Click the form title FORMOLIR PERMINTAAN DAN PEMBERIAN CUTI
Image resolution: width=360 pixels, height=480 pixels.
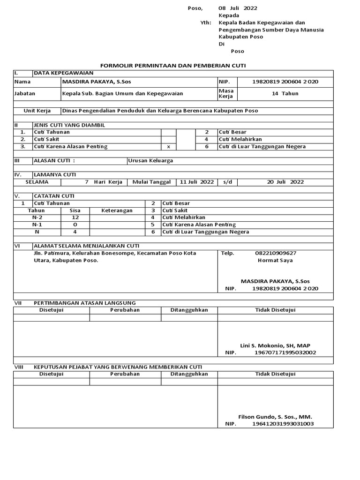173,65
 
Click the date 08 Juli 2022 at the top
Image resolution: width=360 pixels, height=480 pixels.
238,8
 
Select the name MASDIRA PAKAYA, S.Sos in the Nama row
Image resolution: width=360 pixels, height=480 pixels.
97,82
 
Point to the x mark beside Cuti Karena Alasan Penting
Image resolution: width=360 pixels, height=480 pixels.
168,147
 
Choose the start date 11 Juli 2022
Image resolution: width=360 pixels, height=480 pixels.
197,182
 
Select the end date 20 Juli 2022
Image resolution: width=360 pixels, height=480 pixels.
285,182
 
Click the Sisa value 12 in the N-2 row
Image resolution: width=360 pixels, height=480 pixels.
75,217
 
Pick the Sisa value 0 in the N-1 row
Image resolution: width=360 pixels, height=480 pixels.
75,225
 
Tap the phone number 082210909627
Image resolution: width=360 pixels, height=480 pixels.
276,253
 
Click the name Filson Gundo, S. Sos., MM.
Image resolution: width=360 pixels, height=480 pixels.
275,417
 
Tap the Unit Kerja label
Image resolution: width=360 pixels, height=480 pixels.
37,111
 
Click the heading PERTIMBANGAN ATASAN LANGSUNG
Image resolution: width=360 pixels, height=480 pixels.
85,303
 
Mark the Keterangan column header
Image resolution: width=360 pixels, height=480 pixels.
117,210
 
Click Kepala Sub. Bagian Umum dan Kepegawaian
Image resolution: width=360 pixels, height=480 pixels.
122,93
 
